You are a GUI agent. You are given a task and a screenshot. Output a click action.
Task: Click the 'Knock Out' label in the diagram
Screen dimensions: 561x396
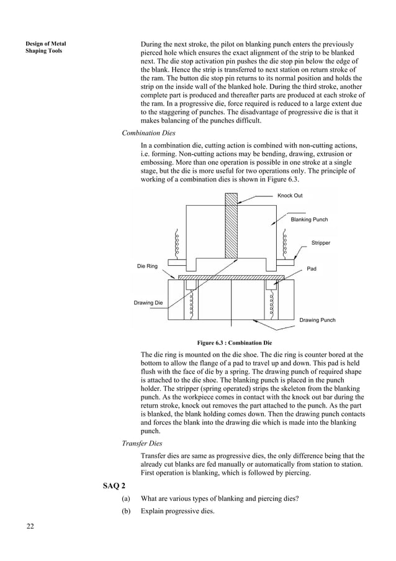coord(290,196)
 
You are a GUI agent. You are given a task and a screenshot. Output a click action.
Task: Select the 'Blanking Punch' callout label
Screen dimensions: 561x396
coord(309,219)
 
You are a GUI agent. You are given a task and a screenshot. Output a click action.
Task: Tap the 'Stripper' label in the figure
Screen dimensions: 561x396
coord(321,244)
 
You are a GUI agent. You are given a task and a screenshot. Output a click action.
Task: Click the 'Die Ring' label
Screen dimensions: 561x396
coord(147,266)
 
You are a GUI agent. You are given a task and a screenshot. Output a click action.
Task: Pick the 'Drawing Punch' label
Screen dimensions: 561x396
coord(317,320)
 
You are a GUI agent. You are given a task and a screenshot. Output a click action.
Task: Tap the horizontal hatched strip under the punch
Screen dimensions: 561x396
coord(231,277)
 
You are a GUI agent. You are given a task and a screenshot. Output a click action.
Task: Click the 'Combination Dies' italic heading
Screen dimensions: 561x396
coord(148,133)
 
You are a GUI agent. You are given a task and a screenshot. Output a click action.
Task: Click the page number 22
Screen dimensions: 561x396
coord(30,527)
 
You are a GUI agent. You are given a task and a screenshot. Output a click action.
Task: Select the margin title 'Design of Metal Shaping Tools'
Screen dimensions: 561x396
coord(45,47)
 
